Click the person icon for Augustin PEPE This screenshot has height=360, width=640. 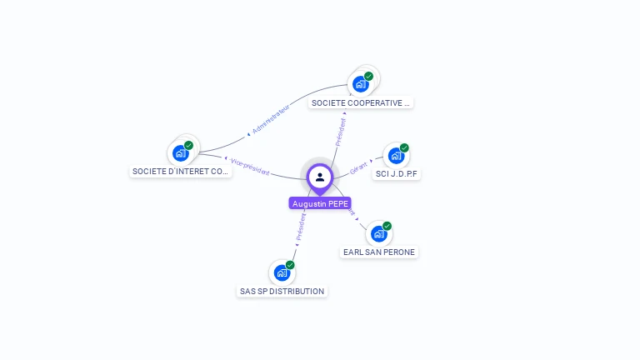click(320, 177)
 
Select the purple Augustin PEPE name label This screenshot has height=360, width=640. click(320, 203)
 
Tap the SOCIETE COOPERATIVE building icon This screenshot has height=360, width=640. click(361, 84)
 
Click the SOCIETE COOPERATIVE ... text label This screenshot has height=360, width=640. click(361, 103)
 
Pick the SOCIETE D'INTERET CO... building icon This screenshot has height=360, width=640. click(180, 153)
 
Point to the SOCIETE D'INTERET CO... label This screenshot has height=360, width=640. click(181, 172)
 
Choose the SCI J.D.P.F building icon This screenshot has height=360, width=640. click(396, 156)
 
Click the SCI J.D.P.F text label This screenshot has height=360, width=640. click(397, 174)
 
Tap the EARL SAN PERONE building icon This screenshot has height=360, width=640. click(379, 234)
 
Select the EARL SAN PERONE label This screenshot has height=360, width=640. click(379, 252)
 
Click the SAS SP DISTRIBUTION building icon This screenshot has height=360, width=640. click(282, 272)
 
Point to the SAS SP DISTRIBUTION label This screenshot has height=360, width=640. click(282, 292)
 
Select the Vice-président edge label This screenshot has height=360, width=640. click(250, 167)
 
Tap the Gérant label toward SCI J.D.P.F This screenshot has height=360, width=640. click(359, 167)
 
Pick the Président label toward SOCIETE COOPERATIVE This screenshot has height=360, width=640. click(341, 132)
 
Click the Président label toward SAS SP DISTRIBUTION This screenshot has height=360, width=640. click(301, 227)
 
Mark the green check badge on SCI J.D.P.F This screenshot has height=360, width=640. click(404, 147)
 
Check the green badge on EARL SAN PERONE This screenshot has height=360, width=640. click(387, 226)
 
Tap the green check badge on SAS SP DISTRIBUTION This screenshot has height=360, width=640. click(290, 265)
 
